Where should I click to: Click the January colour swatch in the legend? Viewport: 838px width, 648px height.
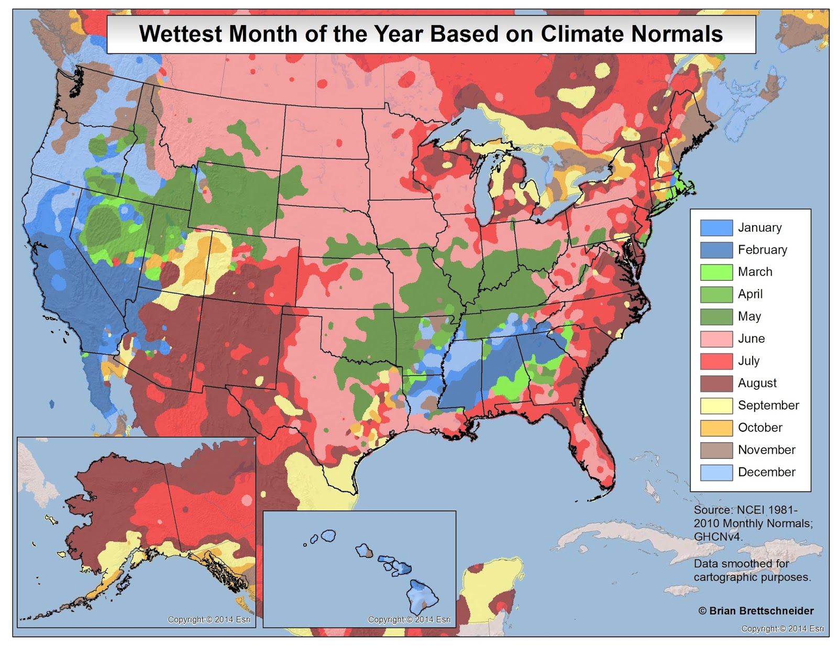[716, 228]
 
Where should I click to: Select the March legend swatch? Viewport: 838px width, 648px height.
[716, 272]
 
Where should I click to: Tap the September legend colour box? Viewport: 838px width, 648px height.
[716, 405]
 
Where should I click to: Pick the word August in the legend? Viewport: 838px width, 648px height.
[757, 383]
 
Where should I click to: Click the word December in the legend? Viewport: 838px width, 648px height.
[766, 472]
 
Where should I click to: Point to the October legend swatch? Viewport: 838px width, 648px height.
[716, 428]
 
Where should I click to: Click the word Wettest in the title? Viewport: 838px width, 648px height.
[180, 34]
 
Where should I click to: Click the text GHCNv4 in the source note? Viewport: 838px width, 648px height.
[718, 537]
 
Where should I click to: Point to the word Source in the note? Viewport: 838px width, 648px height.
[712, 510]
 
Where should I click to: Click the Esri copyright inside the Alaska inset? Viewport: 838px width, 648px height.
[208, 620]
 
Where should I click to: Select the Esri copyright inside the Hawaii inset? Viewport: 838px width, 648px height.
[409, 620]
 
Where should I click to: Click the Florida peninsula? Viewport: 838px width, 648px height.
[592, 451]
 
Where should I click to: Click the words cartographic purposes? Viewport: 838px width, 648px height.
[752, 577]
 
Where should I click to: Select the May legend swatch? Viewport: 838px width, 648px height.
[716, 316]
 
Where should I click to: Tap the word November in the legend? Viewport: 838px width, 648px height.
[766, 450]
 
